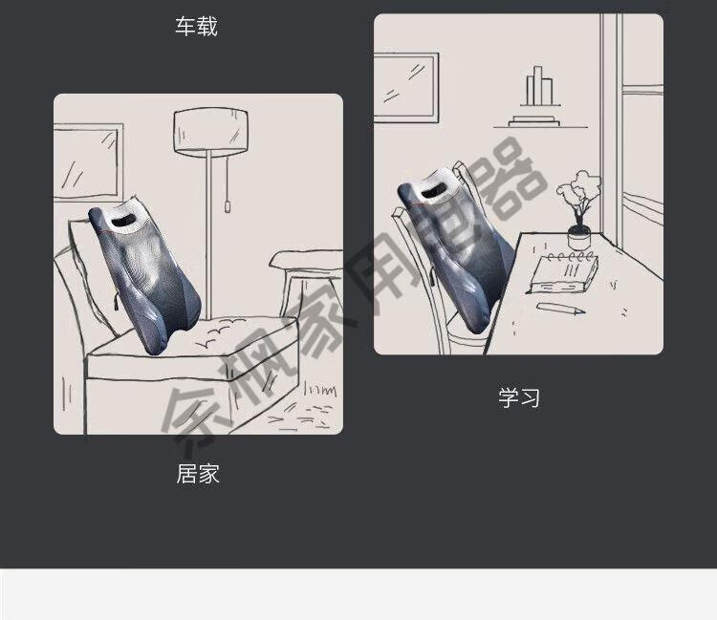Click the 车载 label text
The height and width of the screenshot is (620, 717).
[x=196, y=26]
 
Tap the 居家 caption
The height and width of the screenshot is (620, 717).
[x=198, y=473]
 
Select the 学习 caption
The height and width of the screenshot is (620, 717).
[x=519, y=397]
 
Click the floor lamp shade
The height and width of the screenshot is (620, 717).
[x=211, y=132]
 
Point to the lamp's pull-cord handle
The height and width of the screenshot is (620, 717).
[x=227, y=206]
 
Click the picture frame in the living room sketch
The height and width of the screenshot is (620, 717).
[x=88, y=162]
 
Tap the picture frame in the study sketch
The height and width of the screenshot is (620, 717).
[x=406, y=88]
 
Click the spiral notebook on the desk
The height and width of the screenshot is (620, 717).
[x=563, y=273]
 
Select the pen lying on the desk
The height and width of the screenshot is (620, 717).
[x=560, y=309]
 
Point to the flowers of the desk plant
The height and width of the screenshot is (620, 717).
[x=577, y=192]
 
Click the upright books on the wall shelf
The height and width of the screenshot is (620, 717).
[x=539, y=86]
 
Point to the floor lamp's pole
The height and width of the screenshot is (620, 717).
[x=208, y=235]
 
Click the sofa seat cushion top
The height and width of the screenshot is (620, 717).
[x=197, y=338]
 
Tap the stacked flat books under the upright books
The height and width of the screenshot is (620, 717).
[x=534, y=120]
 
